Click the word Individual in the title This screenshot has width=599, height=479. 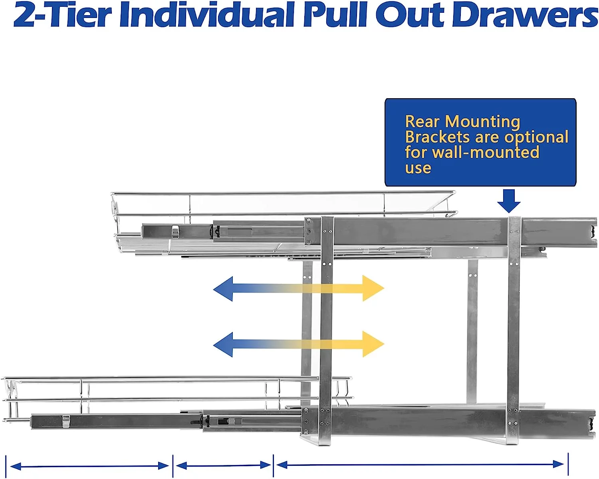(207, 14)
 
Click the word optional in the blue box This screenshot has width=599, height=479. (536, 137)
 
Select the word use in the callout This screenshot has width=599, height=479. (418, 168)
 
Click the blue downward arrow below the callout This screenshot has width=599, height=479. (508, 201)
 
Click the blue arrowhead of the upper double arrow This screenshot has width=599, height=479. (223, 289)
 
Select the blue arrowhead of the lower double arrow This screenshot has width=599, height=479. (223, 344)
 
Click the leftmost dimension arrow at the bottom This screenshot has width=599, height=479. (89, 466)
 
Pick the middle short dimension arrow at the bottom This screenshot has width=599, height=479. (223, 465)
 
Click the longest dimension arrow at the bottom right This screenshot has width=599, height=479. (420, 464)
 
